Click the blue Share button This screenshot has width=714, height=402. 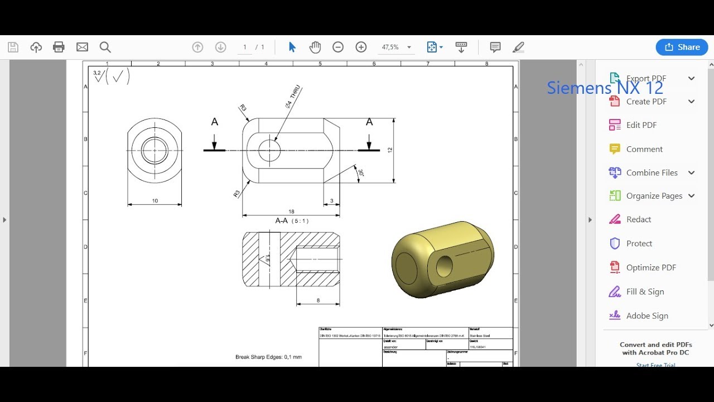pyautogui.click(x=682, y=47)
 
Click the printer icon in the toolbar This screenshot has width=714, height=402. pyautogui.click(x=59, y=47)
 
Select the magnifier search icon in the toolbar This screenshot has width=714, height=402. pyautogui.click(x=105, y=47)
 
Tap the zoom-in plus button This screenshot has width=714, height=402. pyautogui.click(x=361, y=47)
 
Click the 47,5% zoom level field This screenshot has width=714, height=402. pyautogui.click(x=390, y=47)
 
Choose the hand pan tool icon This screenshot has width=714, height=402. pyautogui.click(x=315, y=47)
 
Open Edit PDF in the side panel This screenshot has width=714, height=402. pyautogui.click(x=641, y=125)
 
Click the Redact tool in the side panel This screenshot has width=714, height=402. pyautogui.click(x=638, y=219)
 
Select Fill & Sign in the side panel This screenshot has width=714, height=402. pyautogui.click(x=645, y=291)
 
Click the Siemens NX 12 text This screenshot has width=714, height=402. pyautogui.click(x=605, y=88)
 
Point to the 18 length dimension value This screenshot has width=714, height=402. pyautogui.click(x=291, y=212)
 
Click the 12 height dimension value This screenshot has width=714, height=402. pyautogui.click(x=390, y=150)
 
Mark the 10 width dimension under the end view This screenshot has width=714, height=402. pyautogui.click(x=155, y=201)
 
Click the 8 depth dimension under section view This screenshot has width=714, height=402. pyautogui.click(x=318, y=300)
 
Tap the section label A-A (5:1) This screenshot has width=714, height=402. pyautogui.click(x=292, y=221)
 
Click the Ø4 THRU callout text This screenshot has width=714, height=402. pyautogui.click(x=293, y=97)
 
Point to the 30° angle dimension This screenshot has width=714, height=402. pyautogui.click(x=361, y=173)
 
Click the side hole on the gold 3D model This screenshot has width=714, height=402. pyautogui.click(x=444, y=266)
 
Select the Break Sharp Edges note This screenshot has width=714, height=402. pyautogui.click(x=268, y=357)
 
